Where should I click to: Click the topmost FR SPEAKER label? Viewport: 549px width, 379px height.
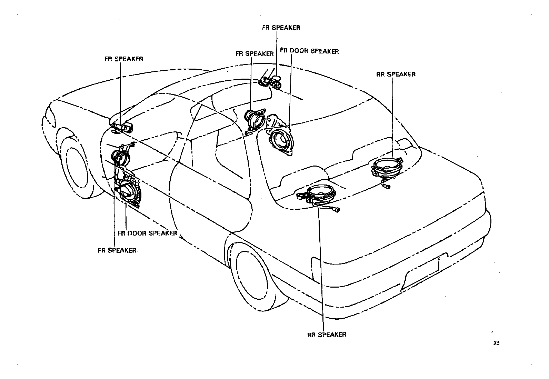tap(281, 28)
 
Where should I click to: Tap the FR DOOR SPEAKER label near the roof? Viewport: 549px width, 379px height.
tap(309, 51)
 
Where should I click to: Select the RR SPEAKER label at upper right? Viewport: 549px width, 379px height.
tap(396, 74)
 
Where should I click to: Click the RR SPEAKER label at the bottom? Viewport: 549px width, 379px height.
tap(327, 335)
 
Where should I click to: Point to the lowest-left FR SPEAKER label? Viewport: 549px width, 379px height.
tap(117, 250)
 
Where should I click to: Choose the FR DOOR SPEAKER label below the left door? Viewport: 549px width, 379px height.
tap(147, 233)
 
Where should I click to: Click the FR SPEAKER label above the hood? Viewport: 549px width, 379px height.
tap(124, 59)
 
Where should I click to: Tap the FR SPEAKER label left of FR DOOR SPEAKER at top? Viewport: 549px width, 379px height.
tap(254, 54)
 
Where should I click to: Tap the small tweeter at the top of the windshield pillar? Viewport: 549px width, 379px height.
tap(272, 82)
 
